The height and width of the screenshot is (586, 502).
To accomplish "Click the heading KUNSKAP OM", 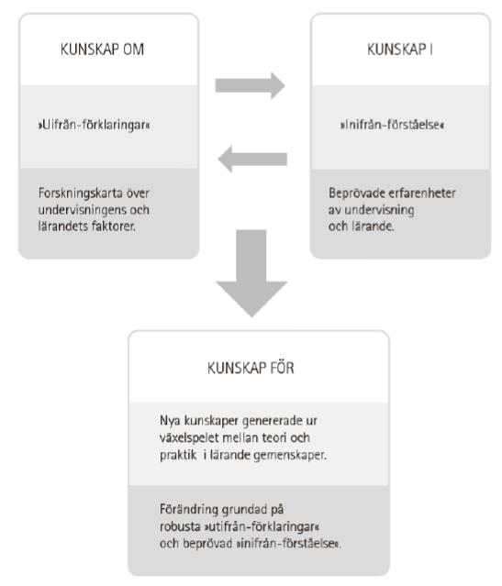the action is point(102,50).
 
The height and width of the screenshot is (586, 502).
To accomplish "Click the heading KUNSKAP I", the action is point(400,50).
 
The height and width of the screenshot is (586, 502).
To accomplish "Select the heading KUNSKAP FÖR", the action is point(251,368).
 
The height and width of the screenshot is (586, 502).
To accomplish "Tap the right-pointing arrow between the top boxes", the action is point(250,85).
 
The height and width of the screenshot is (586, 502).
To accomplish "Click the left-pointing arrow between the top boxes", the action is point(252,159).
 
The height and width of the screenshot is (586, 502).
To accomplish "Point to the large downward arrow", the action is point(251,273).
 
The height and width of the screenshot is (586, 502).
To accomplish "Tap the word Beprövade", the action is point(357,193).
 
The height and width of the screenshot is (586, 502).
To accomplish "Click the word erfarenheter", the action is point(422,193).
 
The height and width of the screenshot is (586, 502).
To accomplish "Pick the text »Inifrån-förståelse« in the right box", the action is point(392,125).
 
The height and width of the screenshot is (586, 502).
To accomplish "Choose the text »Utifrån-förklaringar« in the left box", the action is point(94,125).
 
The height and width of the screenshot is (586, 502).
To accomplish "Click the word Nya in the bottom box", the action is point(170,420).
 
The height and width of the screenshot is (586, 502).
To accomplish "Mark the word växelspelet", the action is point(189,437).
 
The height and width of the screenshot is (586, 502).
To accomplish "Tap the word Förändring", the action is point(189,510).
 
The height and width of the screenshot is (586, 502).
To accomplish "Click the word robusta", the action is point(180,526).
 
